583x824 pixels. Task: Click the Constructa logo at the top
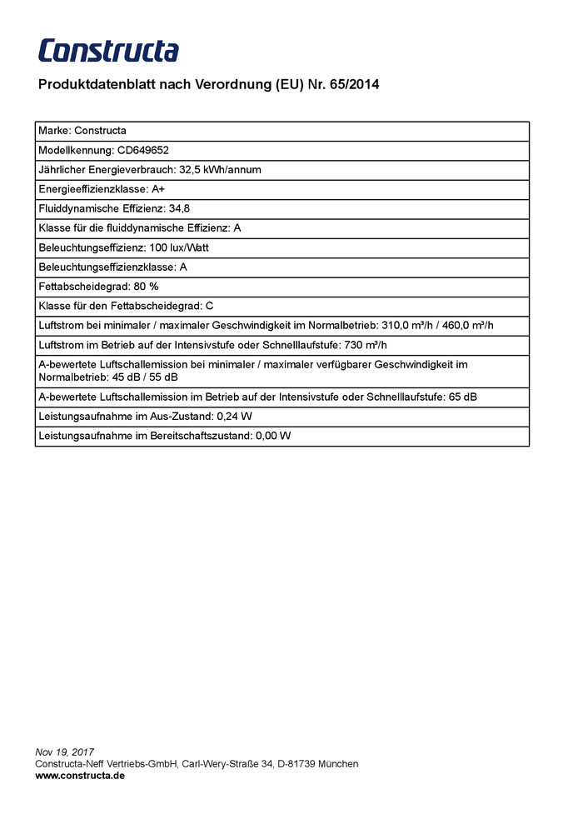point(108,50)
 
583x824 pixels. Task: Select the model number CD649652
point(142,151)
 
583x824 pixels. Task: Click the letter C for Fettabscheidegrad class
point(210,306)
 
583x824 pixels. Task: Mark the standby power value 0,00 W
point(273,436)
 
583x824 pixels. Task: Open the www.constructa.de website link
point(80,776)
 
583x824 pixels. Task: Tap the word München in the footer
point(339,764)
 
